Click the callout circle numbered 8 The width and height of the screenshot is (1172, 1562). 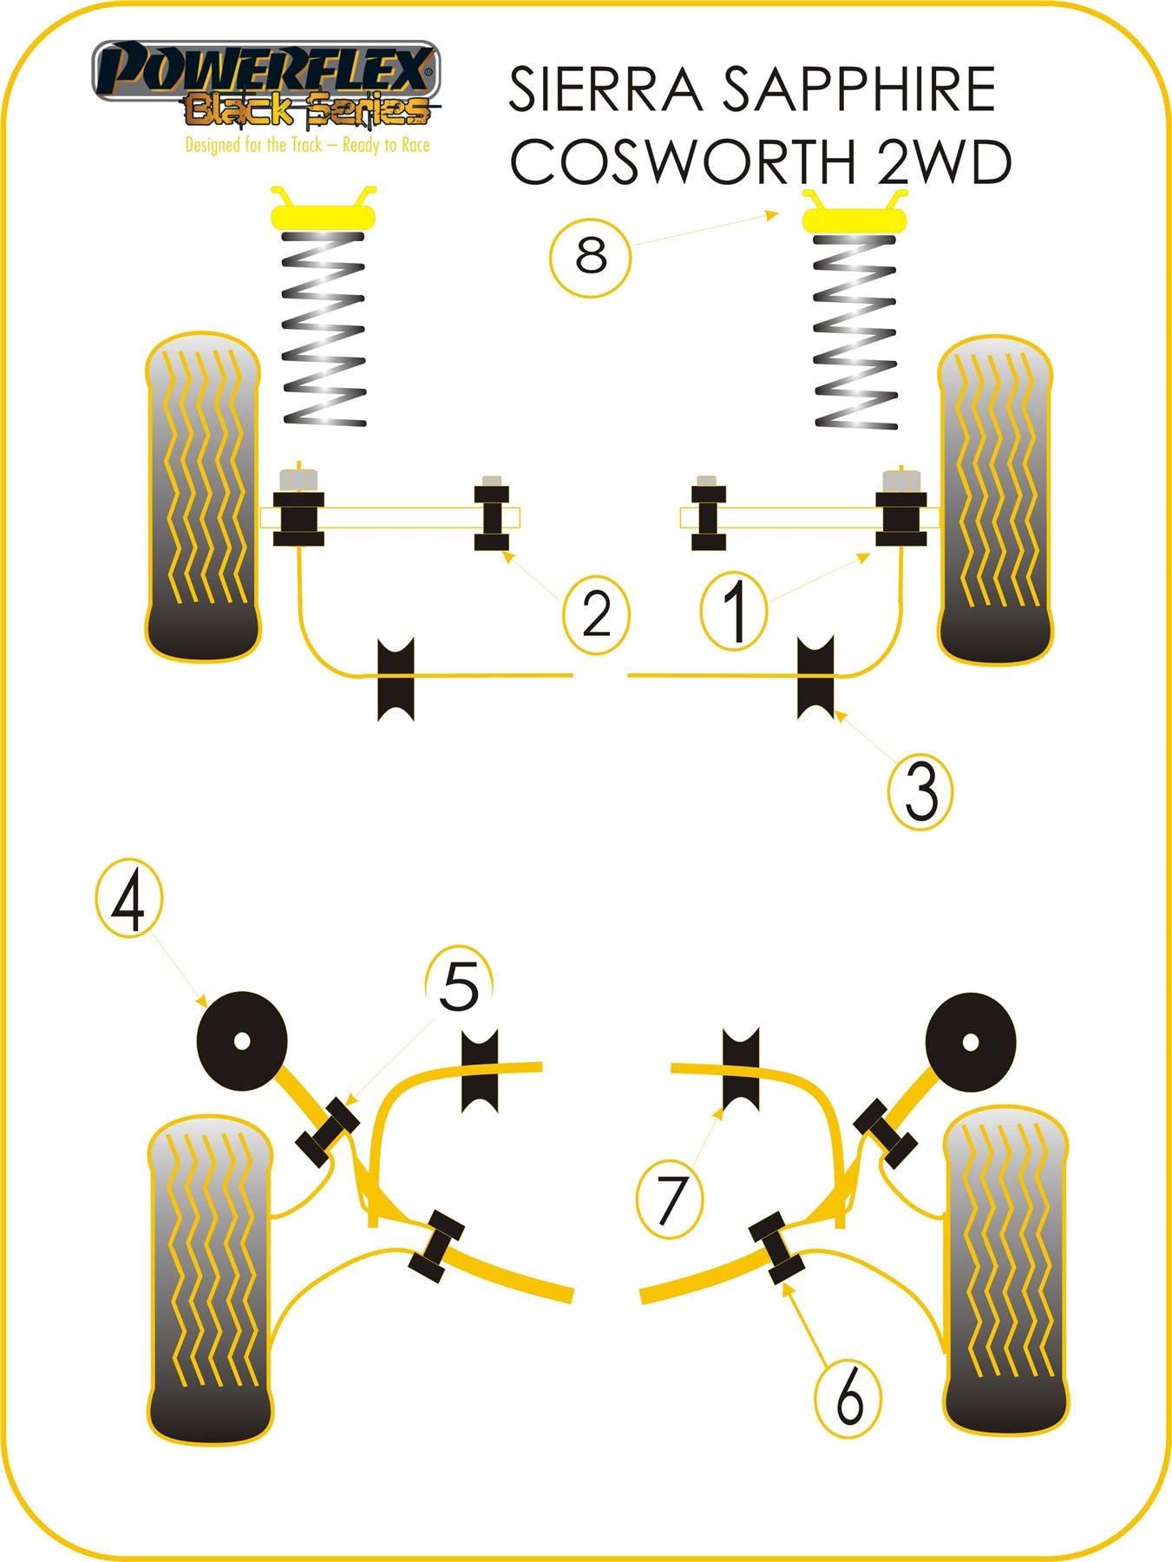click(x=590, y=258)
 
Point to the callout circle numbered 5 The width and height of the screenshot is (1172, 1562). click(x=459, y=986)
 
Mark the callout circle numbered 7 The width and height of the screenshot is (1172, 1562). click(x=671, y=1200)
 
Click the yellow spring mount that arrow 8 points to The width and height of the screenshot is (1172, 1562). click(x=854, y=217)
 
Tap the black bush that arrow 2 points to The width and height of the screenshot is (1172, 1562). click(x=492, y=517)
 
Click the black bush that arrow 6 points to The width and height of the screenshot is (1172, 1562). click(x=777, y=1248)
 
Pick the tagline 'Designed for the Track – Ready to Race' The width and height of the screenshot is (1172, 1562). click(x=307, y=145)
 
